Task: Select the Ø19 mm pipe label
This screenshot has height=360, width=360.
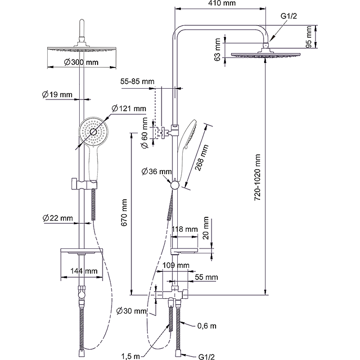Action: tap(57, 94)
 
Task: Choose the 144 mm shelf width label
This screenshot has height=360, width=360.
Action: tap(84, 271)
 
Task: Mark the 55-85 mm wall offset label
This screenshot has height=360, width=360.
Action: tap(137, 81)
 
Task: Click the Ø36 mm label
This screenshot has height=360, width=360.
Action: tap(157, 171)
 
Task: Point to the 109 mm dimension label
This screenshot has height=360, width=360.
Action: tap(177, 265)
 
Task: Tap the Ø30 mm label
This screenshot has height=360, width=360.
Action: tap(131, 310)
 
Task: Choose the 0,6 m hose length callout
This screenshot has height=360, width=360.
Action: tap(207, 325)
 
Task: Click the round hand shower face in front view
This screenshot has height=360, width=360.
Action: tap(94, 131)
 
